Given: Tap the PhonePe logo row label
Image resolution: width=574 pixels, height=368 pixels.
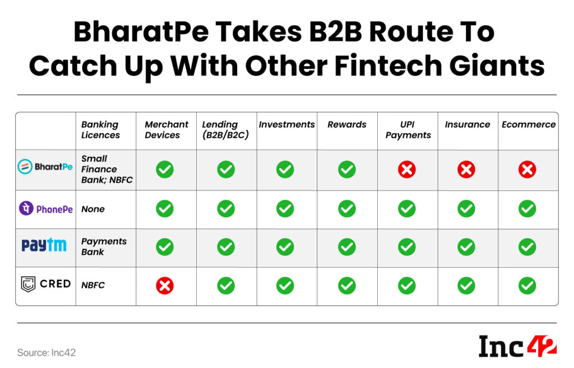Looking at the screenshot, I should click(x=46, y=209).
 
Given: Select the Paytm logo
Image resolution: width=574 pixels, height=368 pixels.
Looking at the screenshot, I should click(x=44, y=245).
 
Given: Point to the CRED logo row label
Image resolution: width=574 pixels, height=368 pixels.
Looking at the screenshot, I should click(x=45, y=284).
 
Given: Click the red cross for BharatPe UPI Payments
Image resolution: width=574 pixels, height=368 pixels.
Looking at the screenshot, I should click(x=406, y=169).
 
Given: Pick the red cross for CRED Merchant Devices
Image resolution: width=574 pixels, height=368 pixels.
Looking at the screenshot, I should click(x=164, y=286).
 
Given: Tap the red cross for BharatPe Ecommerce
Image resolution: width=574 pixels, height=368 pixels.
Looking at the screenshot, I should click(x=527, y=169).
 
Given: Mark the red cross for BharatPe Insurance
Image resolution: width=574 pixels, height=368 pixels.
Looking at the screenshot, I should click(x=466, y=169).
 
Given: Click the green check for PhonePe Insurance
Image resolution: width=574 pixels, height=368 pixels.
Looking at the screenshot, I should click(x=466, y=209).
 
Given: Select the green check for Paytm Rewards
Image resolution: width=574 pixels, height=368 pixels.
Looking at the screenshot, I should click(x=347, y=247).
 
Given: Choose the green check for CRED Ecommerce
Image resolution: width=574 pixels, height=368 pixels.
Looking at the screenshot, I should click(x=527, y=286).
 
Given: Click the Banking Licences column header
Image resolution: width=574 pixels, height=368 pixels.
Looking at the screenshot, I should click(x=100, y=129).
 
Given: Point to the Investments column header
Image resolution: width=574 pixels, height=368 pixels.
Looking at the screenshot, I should click(x=286, y=124).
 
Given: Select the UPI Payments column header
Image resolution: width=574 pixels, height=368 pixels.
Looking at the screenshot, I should click(x=408, y=129).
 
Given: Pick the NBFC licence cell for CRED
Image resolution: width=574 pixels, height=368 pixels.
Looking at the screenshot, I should click(x=93, y=285).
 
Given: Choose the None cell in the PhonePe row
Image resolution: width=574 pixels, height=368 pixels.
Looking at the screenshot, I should click(x=93, y=209).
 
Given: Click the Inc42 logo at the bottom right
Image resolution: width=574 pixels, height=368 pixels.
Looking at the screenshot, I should click(x=517, y=346).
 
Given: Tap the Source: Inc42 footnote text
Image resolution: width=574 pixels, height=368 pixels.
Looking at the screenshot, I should click(x=47, y=352).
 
